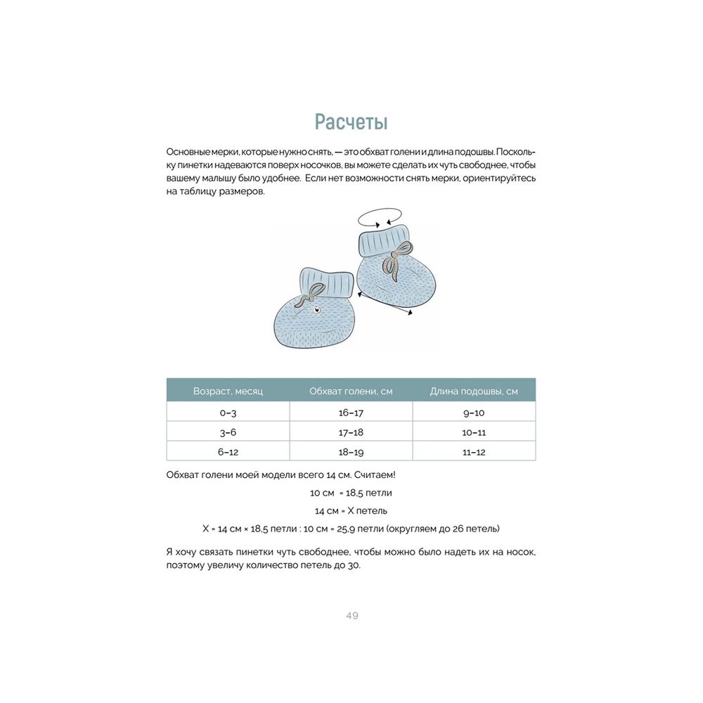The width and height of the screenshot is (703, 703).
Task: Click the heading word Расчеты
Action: coord(351,122)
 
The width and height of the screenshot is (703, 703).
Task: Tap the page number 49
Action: coord(352,616)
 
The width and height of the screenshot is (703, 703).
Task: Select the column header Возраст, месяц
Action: coord(228,391)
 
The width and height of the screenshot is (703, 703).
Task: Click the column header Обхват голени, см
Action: coord(351,391)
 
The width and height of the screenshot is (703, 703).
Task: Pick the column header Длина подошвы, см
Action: coord(473,391)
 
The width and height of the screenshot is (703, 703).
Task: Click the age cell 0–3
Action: coord(228,413)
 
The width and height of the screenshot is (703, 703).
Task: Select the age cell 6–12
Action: coord(228,452)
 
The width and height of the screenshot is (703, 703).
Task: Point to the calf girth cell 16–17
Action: coord(351,413)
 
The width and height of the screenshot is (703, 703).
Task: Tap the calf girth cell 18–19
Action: coord(351,452)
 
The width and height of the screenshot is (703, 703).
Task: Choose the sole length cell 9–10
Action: coord(473,413)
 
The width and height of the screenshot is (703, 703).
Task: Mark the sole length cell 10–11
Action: coord(473,432)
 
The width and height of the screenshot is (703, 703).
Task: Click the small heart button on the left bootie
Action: coord(315,308)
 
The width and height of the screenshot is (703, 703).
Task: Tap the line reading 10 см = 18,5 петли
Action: coord(351,493)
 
